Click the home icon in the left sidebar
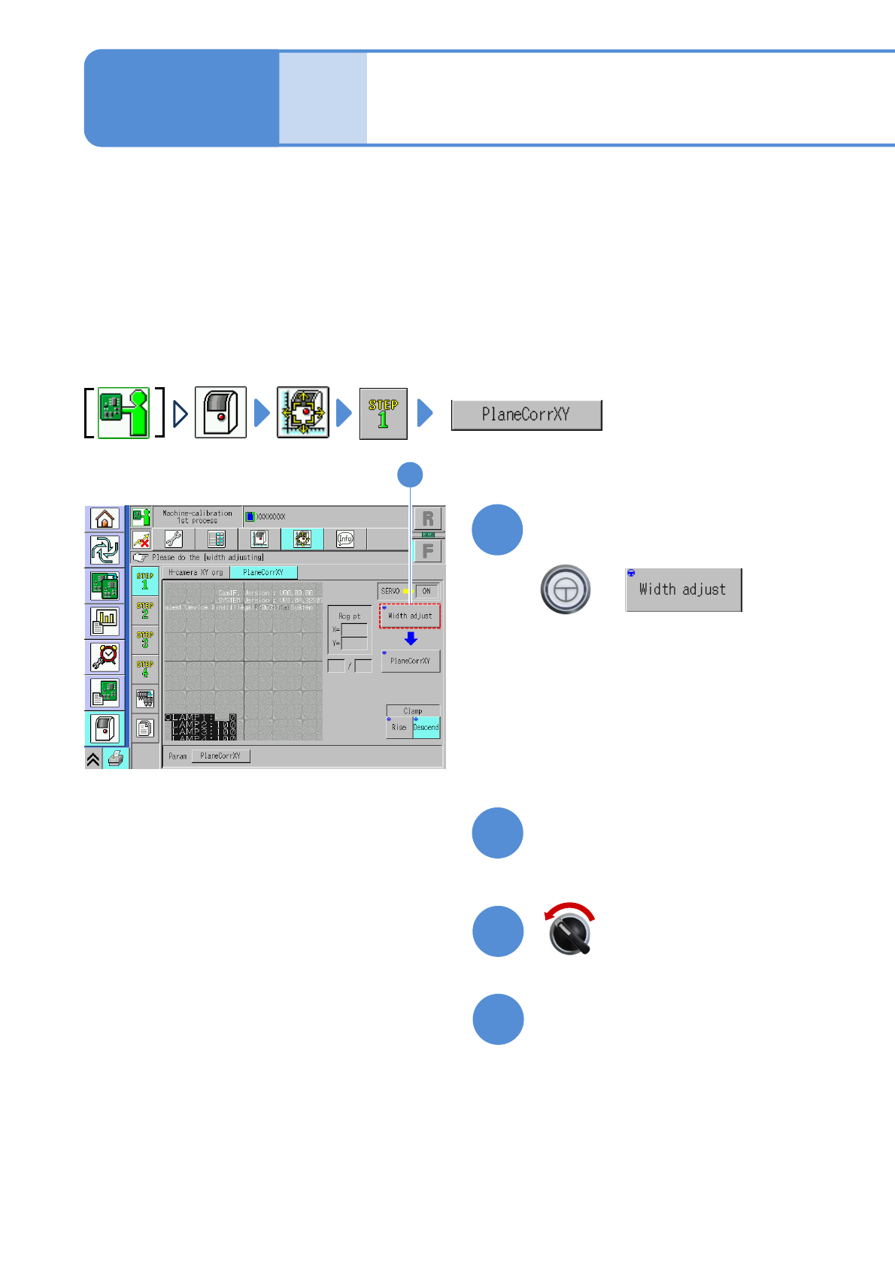[105, 519]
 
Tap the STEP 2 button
[145, 610]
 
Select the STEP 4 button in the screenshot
[145, 669]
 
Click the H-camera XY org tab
[196, 573]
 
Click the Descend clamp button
[426, 727]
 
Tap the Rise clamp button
[399, 727]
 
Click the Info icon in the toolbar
[345, 539]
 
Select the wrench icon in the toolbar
[174, 539]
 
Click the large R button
[428, 519]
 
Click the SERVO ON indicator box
[426, 592]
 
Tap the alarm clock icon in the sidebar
[105, 656]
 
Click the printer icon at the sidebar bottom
[116, 759]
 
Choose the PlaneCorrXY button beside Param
[220, 756]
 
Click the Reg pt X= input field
[354, 630]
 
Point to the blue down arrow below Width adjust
[411, 638]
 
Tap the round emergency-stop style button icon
[566, 589]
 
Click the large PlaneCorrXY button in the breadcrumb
[526, 415]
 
